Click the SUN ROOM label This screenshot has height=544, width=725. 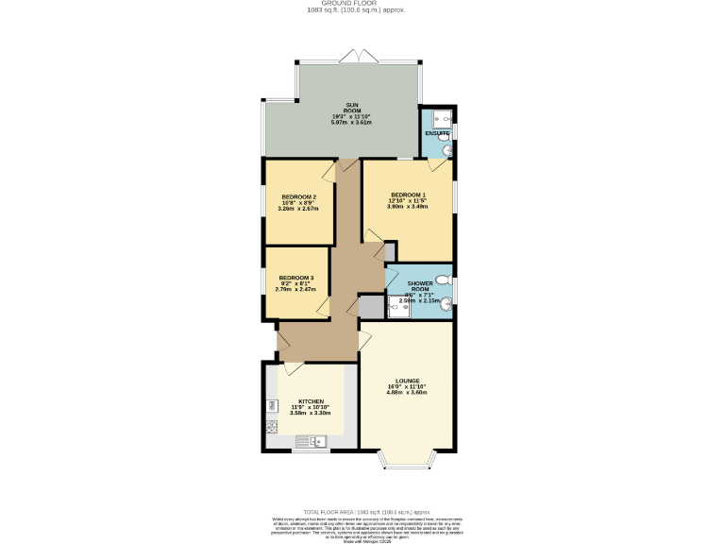351,107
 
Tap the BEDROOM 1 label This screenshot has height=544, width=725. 408,195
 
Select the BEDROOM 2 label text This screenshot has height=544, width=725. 298,197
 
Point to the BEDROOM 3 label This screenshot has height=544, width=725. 295,278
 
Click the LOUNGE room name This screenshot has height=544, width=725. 408,381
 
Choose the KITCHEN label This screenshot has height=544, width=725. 311,400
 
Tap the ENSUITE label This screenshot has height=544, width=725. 436,134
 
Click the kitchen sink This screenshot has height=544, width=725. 310,441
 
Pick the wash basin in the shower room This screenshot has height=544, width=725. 447,303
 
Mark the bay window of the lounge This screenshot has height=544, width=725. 408,460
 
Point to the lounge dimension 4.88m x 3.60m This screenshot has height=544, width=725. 408,392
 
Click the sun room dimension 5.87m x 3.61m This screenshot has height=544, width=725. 351,123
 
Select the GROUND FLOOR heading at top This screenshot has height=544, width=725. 329,4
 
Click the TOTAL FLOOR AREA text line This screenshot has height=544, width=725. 362,510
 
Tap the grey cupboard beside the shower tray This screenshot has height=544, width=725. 372,306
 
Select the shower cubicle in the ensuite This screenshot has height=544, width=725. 437,118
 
